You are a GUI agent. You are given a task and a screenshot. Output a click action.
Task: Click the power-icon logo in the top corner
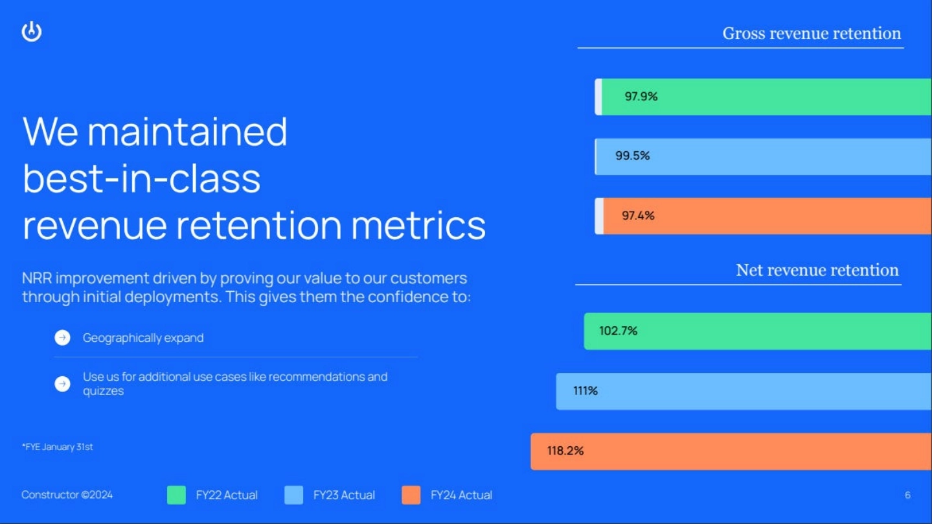pos(32,32)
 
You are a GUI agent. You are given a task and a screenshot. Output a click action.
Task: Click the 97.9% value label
pos(641,97)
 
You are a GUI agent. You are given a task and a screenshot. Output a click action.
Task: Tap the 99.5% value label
pos(632,156)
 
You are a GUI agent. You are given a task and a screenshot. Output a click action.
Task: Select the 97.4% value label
pos(638,216)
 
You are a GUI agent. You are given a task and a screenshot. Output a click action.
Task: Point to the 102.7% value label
pos(618,331)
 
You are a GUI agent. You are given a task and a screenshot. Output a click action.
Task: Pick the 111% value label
pos(585,391)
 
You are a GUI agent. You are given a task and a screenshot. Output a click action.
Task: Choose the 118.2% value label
pos(565,451)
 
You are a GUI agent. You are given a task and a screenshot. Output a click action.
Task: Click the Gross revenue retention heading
pos(812,34)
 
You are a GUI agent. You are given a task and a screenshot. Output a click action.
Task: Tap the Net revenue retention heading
pos(817,270)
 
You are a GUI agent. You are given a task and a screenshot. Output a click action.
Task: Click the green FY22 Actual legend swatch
pos(176,495)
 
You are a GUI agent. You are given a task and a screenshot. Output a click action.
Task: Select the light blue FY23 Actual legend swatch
pos(293,495)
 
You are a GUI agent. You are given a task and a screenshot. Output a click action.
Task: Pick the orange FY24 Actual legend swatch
pos(411,495)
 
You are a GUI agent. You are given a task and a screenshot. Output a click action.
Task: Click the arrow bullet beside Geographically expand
pos(62,338)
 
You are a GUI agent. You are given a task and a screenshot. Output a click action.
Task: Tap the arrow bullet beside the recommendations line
pos(62,384)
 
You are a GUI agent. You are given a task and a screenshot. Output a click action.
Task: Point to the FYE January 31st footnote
pos(57,447)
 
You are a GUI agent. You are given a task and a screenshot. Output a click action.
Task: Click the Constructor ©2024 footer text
pos(67,495)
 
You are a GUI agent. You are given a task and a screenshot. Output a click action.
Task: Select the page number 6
pos(907,495)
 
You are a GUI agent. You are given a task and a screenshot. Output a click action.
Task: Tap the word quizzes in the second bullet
pos(103,392)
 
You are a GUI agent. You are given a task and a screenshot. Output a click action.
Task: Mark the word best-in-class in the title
pos(141,178)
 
